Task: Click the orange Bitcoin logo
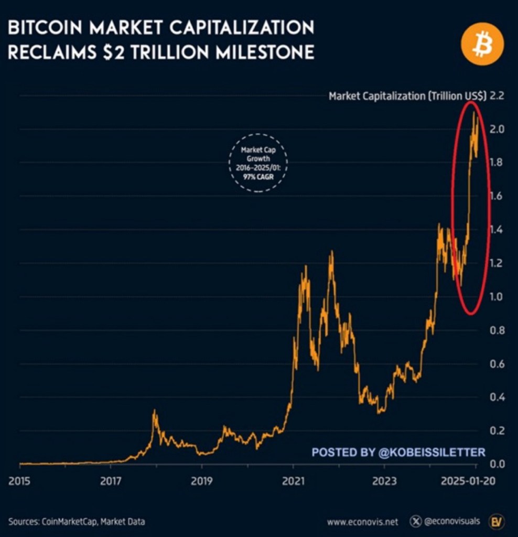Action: click(x=482, y=45)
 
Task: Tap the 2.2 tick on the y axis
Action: click(x=497, y=96)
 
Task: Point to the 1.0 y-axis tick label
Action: click(x=497, y=297)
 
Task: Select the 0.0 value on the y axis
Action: click(x=497, y=464)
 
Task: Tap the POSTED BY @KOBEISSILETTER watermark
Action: click(x=398, y=452)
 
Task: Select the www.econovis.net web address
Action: click(x=363, y=522)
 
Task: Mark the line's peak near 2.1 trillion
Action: click(x=474, y=112)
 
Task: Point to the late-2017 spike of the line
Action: click(x=154, y=411)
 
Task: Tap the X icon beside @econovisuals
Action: click(x=415, y=522)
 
